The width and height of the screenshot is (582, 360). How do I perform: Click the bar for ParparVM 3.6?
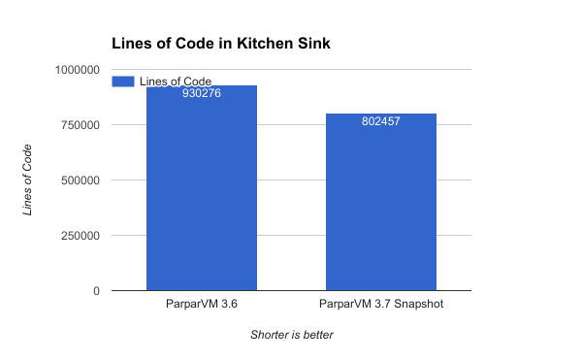tap(202, 194)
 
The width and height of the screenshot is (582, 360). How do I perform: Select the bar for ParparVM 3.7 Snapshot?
tap(381, 209)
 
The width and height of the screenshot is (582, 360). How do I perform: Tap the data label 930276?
tap(202, 94)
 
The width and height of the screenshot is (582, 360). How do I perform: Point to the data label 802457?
tap(381, 122)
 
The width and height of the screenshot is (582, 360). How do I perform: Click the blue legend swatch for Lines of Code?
tap(123, 81)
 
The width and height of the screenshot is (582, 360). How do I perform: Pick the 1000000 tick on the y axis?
tap(80, 70)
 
